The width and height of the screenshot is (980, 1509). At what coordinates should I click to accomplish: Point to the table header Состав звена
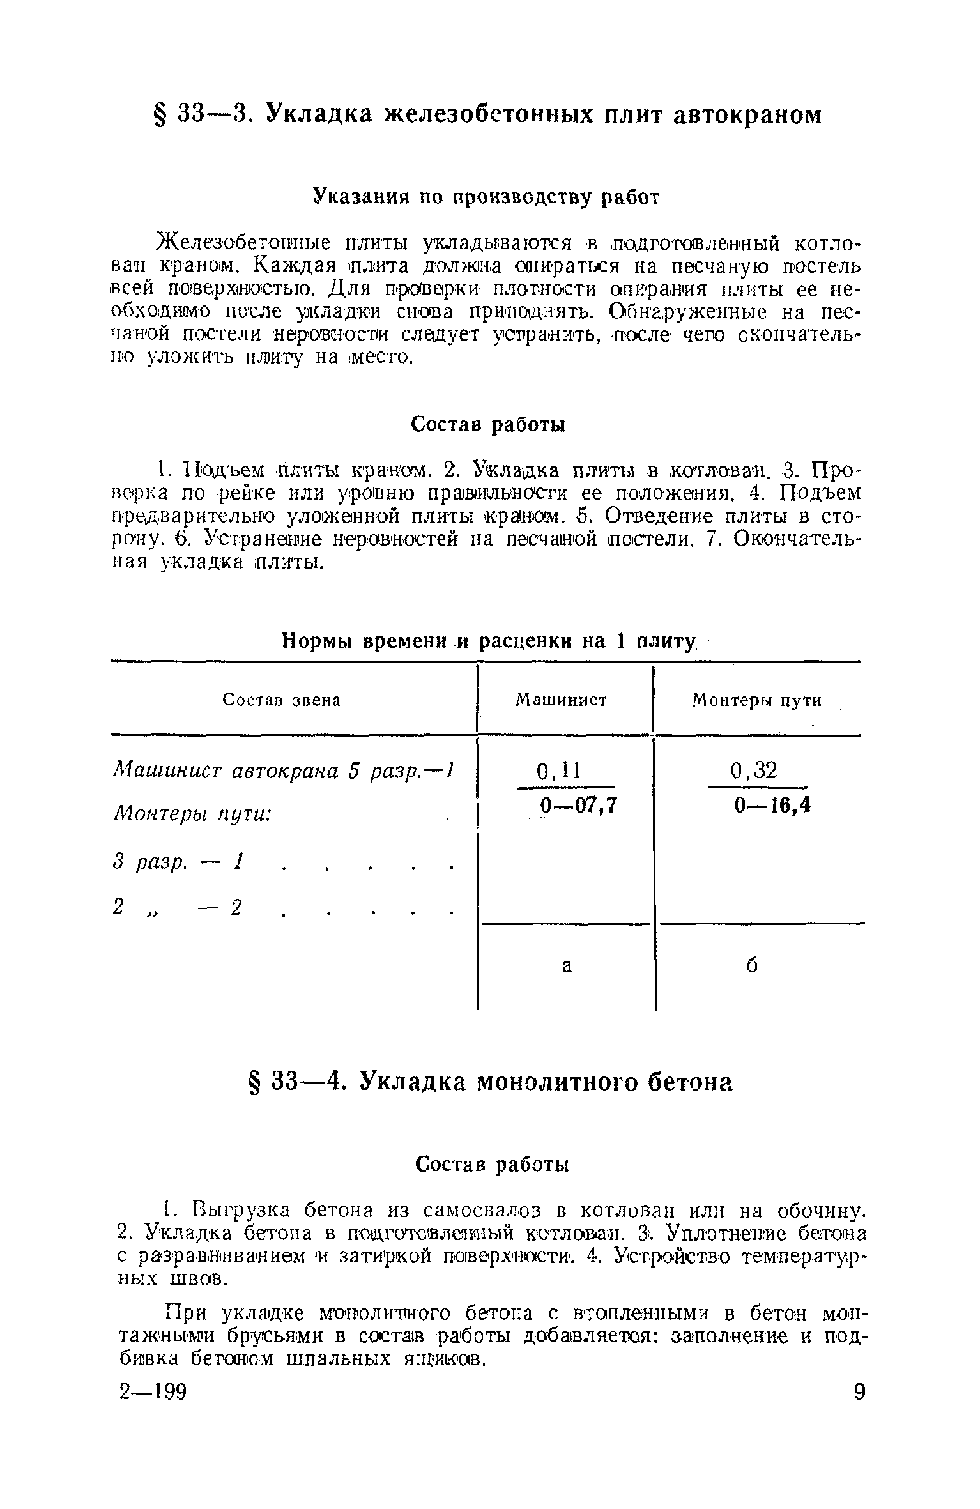[282, 701]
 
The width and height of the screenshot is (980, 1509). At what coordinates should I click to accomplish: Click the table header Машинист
[561, 701]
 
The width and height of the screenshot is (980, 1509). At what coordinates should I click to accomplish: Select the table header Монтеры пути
[757, 701]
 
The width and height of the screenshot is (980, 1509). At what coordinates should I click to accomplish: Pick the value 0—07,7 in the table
[578, 806]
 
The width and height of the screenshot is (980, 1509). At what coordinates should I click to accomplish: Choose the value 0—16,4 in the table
[772, 806]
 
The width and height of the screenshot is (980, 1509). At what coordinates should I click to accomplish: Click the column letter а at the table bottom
[567, 967]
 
